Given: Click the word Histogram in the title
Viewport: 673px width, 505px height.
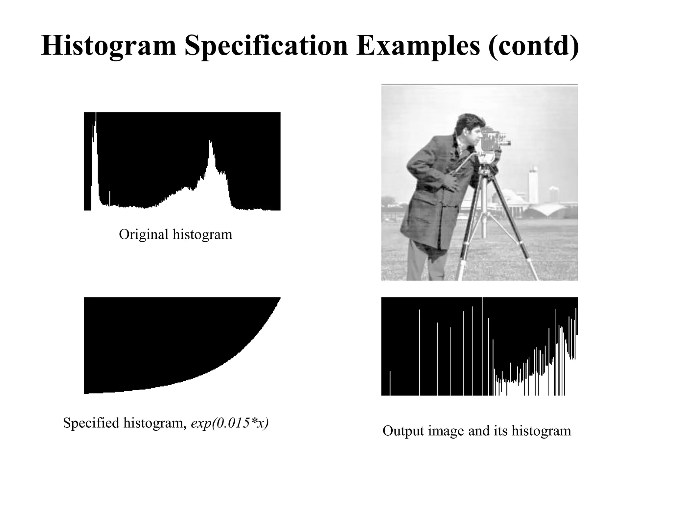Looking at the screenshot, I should pos(109,46).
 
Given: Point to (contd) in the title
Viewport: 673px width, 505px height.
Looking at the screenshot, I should pos(534,46).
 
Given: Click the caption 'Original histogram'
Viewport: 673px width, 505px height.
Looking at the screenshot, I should pos(175,234).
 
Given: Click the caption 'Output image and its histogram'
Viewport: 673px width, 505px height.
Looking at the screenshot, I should pos(477,431).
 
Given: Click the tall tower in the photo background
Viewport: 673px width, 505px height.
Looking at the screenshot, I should pos(533,184).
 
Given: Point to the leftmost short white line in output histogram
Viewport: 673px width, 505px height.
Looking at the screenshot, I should pos(390,383).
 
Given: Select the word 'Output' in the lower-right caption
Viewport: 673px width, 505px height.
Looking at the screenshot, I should pos(403,431).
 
